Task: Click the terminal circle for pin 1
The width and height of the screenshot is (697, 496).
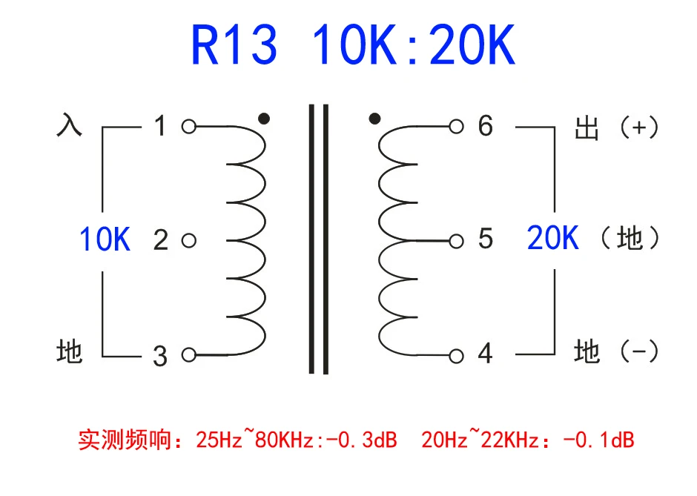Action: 189,127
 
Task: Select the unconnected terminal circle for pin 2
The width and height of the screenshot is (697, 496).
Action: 189,241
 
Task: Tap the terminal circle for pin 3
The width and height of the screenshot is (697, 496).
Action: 189,355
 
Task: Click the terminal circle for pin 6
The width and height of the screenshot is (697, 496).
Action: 456,127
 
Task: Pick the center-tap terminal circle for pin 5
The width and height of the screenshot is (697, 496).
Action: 456,242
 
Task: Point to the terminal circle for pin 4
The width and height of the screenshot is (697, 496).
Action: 456,356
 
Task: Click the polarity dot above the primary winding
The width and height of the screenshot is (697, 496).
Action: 264,119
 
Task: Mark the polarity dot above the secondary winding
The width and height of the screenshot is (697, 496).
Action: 374,119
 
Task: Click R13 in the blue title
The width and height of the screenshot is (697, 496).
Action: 234,45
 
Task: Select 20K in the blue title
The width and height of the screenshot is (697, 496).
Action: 472,45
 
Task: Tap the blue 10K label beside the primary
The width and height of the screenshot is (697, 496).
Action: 105,239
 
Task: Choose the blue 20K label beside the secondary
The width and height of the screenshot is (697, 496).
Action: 553,237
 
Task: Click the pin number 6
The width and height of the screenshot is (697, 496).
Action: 486,125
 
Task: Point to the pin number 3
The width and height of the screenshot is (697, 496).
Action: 160,357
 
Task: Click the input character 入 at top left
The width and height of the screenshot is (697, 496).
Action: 70,124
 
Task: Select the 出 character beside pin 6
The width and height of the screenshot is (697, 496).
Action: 587,128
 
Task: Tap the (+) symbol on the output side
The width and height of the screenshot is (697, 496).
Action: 638,128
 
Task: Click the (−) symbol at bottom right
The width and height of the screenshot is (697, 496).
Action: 638,351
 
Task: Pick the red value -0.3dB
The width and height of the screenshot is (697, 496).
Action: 361,440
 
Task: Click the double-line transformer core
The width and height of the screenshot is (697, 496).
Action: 319,239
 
